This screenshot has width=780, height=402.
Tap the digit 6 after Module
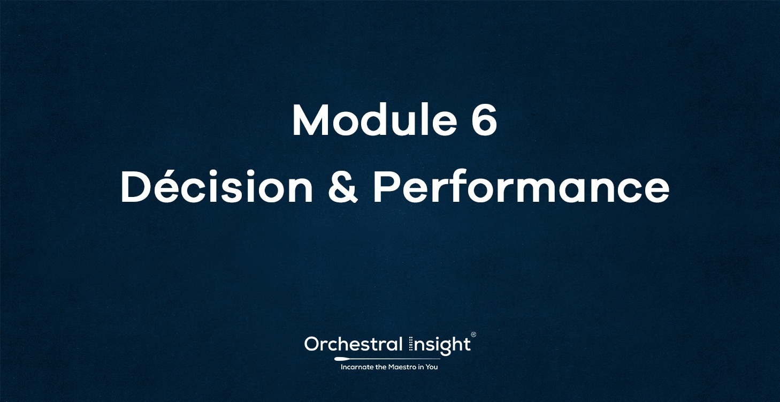[x=484, y=121]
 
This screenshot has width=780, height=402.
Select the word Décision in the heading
[x=217, y=188]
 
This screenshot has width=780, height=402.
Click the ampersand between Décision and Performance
[x=342, y=188]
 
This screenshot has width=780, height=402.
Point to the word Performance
[x=521, y=188]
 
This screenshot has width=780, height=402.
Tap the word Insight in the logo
[x=440, y=345]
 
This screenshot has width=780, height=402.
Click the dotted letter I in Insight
[x=411, y=344]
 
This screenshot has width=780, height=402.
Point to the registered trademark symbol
[x=473, y=335]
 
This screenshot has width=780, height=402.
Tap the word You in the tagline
[x=432, y=367]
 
